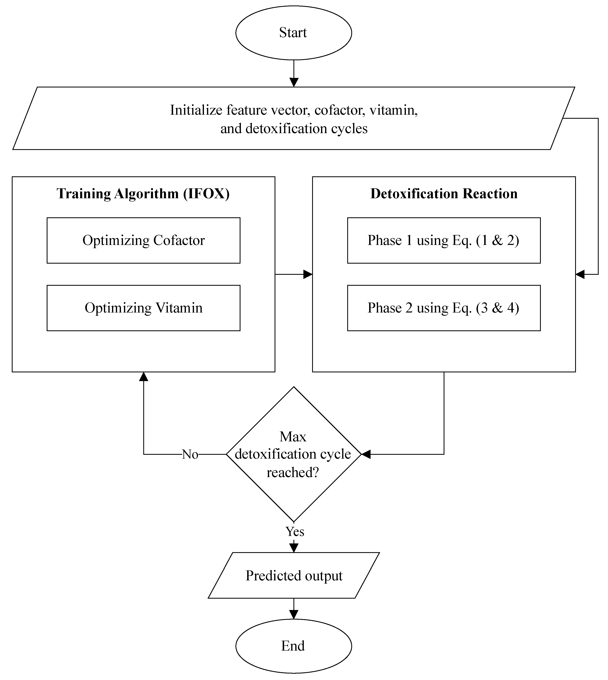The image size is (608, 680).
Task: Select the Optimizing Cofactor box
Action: pos(143,240)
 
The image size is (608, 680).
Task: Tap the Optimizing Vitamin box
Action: pos(143,308)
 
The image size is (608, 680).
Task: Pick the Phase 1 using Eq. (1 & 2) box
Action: pos(444,240)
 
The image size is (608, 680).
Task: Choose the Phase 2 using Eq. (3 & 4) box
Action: pos(444,308)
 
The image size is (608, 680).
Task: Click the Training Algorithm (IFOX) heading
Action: pos(143,194)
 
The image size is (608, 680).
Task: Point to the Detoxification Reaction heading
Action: pos(444,194)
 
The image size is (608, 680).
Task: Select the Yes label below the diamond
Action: pos(295,531)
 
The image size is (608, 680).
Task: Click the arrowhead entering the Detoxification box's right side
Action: pos(580,275)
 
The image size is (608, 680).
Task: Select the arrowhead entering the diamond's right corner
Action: pos(366,454)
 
